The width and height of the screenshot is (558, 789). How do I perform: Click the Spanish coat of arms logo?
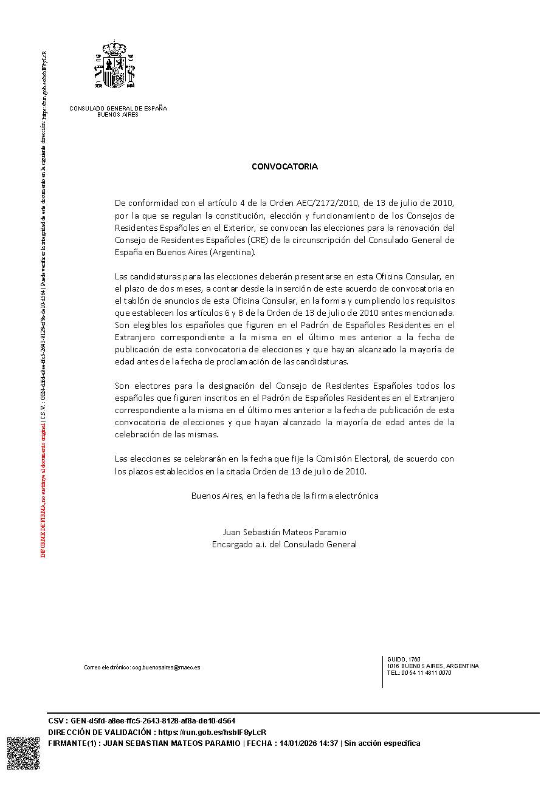click(115, 66)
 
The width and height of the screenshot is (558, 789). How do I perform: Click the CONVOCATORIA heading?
click(284, 166)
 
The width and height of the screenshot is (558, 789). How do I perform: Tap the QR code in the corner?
click(23, 753)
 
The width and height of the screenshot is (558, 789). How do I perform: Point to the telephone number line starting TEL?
click(419, 673)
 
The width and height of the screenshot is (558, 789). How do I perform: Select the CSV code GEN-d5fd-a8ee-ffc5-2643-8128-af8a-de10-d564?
click(153, 721)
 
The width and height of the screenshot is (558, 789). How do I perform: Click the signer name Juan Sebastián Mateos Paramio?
click(284, 532)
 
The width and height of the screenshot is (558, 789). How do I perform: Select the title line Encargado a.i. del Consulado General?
click(284, 544)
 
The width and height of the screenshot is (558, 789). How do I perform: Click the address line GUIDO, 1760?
click(404, 660)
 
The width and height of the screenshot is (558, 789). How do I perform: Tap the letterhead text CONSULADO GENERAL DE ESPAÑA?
click(118, 108)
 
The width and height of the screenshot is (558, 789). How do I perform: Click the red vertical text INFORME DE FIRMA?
click(43, 528)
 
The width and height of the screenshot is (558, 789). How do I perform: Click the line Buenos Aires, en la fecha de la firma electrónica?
click(284, 496)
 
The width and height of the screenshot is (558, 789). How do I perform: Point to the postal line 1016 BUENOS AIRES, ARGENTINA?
click(433, 666)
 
